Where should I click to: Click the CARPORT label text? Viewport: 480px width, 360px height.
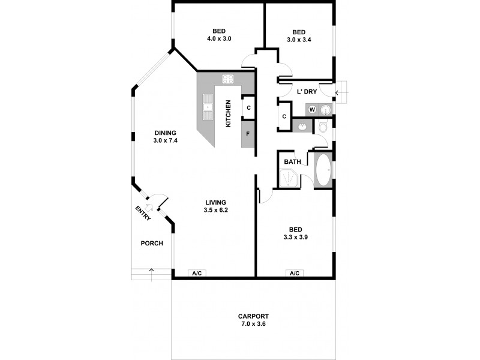(x=253, y=316)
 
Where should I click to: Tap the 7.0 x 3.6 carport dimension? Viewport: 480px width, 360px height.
(x=253, y=324)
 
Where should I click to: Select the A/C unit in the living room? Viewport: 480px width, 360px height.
(x=197, y=273)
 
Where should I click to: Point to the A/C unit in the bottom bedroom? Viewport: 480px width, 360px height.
(x=295, y=273)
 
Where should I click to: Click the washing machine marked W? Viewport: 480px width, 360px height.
(x=312, y=109)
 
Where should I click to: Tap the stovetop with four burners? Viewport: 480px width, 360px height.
(x=228, y=79)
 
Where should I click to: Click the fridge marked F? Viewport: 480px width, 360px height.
(x=248, y=134)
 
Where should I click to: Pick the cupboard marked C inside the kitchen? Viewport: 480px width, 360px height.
(x=248, y=109)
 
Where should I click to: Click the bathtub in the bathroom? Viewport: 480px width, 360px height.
(x=322, y=170)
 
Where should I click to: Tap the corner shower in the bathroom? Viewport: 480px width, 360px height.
(x=289, y=178)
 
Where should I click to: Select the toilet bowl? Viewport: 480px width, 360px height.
(x=322, y=127)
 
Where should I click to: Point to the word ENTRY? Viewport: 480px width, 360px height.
(x=143, y=213)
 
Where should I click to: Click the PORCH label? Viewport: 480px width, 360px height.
(x=151, y=243)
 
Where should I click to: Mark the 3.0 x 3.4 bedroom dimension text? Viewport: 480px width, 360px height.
(x=299, y=40)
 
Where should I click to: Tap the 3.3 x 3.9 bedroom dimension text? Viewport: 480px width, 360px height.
(x=295, y=237)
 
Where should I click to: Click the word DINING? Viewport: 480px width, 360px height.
(x=165, y=133)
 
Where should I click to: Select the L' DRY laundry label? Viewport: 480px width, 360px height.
(x=307, y=92)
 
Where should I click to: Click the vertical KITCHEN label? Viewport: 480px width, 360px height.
(x=228, y=114)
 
